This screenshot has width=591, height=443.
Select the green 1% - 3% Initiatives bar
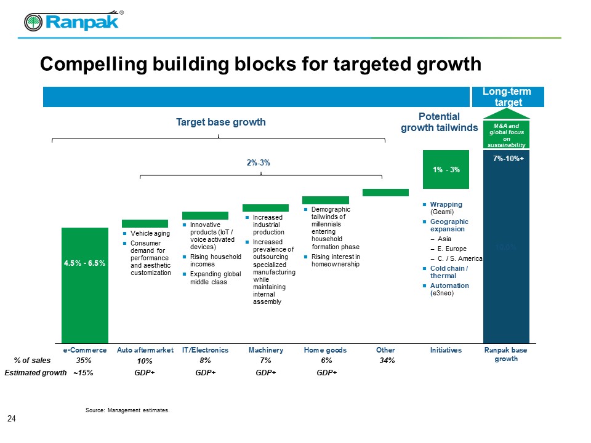coord(446,169)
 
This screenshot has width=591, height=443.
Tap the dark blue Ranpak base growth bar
coord(506,258)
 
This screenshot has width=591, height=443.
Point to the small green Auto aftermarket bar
coord(145,223)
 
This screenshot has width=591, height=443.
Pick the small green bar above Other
coord(385,193)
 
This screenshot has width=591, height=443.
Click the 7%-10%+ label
coord(508,159)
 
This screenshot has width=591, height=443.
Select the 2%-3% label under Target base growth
coord(259,163)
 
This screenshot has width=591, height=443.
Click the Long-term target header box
coord(506,97)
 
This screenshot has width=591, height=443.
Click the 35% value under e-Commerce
coord(84,361)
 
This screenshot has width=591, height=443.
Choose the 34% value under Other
coord(387,361)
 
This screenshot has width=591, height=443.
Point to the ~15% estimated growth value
coord(83,373)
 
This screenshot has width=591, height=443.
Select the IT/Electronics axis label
coord(205,350)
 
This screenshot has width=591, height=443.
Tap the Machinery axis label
coord(266,350)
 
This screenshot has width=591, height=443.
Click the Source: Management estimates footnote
coord(127,409)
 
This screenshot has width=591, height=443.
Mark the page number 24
coord(11,419)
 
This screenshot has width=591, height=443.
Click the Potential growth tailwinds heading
coord(439,122)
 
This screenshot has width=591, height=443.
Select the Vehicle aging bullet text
coord(150,234)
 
